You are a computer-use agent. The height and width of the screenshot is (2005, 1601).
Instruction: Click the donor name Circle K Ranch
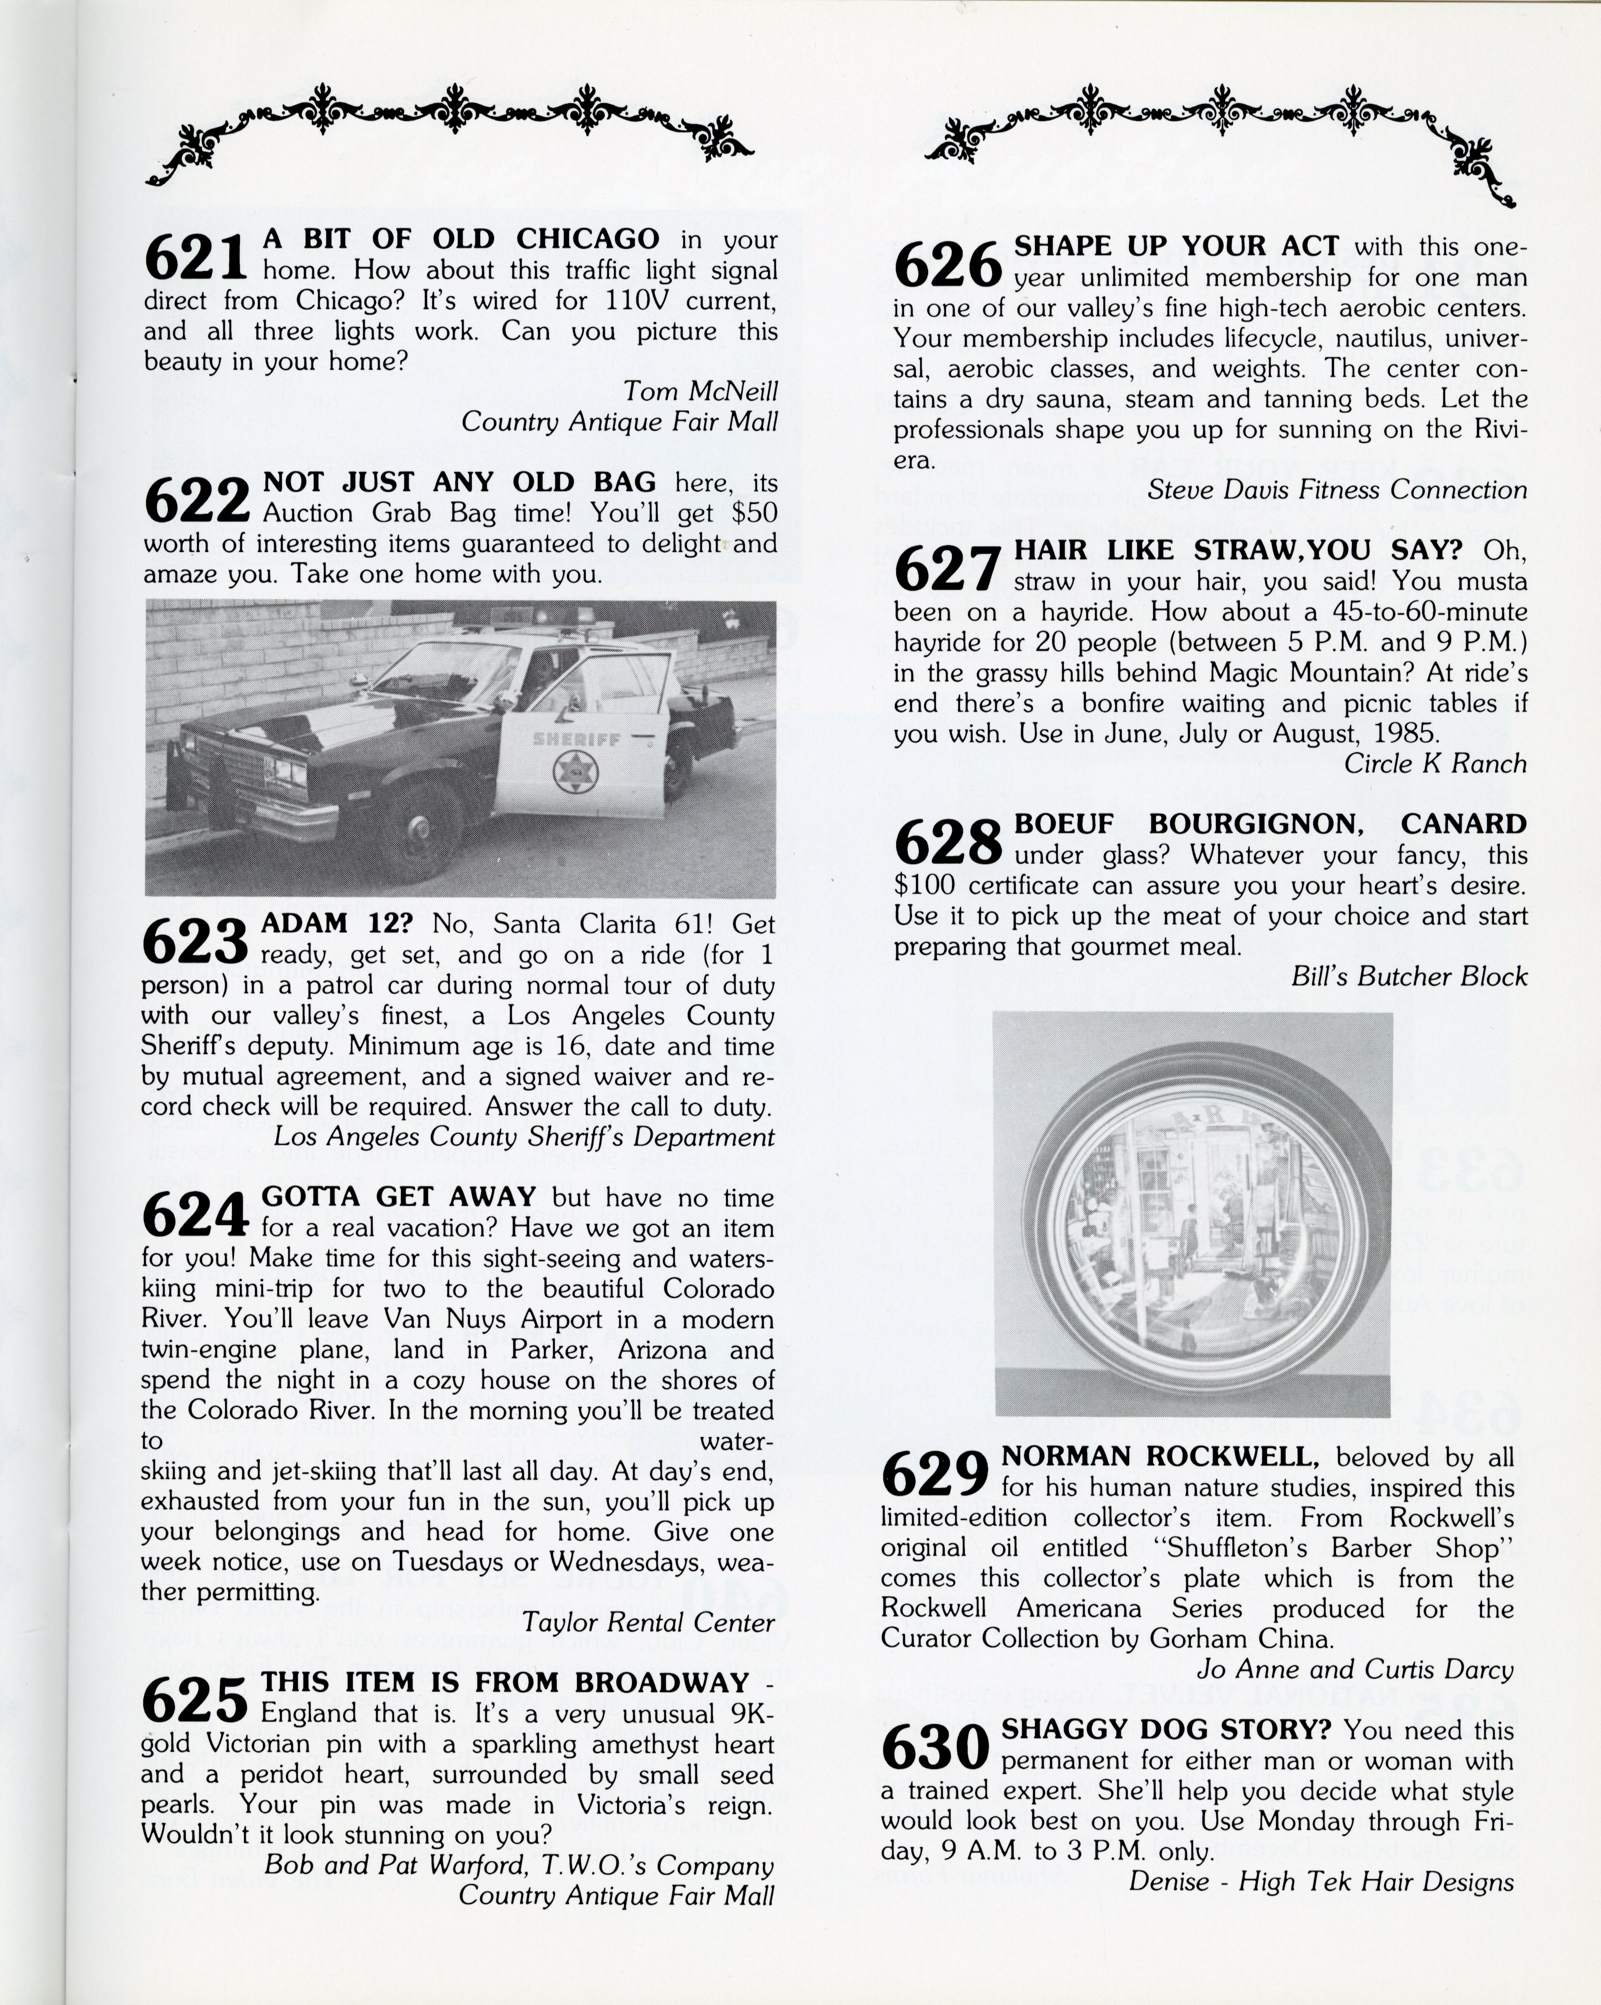(x=1434, y=763)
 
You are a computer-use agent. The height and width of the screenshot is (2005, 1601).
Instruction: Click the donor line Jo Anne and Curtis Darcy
(x=1355, y=1668)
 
